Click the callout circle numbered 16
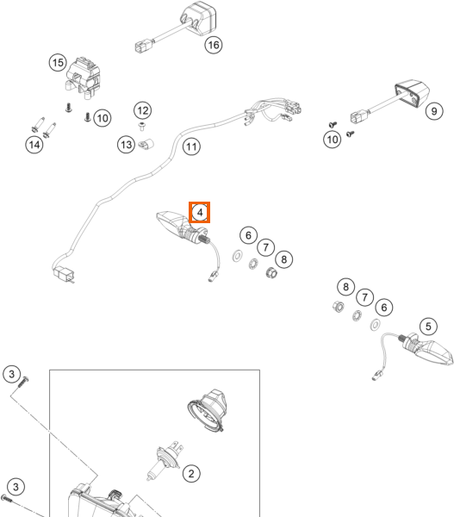[214, 45]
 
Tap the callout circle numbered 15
[58, 63]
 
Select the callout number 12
[143, 110]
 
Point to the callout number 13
[127, 145]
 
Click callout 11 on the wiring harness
[191, 146]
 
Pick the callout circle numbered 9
[434, 111]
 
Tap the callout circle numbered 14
[34, 145]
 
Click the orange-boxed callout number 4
[200, 212]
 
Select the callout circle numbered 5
[428, 327]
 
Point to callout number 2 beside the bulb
[191, 474]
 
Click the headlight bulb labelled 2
[165, 462]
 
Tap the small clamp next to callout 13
[146, 144]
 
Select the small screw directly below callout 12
[143, 126]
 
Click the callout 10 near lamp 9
[332, 140]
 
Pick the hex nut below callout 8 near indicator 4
[271, 272]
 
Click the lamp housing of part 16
[198, 18]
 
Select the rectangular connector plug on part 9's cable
[358, 116]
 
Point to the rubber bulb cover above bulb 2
[208, 410]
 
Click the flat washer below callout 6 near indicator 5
[375, 325]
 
